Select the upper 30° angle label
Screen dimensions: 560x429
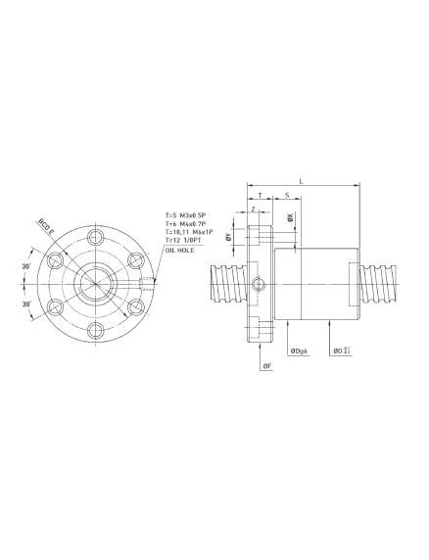27,265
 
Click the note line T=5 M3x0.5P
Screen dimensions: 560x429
188,215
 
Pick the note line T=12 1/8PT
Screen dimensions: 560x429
184,241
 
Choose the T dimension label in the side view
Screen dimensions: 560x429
260,196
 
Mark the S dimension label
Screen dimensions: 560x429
286,196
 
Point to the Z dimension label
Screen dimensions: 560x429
254,209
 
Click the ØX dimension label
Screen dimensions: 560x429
291,220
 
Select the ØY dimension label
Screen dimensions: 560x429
228,237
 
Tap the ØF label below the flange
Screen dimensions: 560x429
266,366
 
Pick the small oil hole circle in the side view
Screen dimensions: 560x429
259,285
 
